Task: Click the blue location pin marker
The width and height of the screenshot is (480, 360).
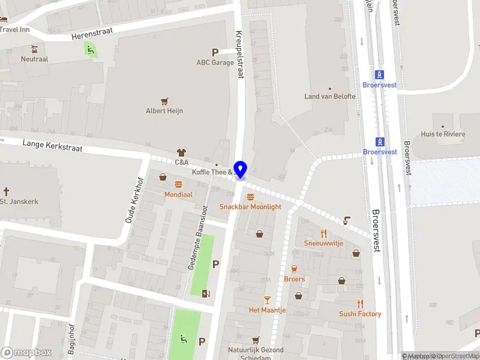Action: pos(241,169)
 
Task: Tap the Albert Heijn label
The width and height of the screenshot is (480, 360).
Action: pos(164,110)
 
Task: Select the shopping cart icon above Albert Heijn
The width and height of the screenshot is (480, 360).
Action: pos(164,100)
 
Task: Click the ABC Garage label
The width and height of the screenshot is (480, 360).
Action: pos(215,62)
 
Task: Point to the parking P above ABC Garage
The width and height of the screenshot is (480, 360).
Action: pos(215,52)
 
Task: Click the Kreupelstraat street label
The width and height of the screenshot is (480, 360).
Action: pos(240,55)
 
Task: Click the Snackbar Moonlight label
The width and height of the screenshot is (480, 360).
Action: pos(250,206)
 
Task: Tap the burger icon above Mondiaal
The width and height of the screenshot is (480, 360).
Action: pos(178,185)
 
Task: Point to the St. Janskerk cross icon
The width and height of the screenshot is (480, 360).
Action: pos(7,191)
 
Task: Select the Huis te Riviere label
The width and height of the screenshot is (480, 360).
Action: pos(443,134)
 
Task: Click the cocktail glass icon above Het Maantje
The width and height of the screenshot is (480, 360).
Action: pos(268,299)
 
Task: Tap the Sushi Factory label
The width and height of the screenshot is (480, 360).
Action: pos(360,314)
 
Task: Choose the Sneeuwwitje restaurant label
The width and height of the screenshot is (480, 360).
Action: pos(323,243)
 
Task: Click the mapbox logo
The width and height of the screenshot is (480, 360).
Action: pos(26,352)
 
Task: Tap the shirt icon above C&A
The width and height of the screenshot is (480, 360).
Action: pos(181,152)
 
